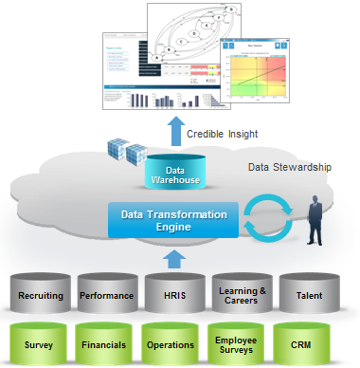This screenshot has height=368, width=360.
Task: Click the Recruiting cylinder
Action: [x=40, y=295]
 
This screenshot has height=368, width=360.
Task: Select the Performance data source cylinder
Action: [x=106, y=295]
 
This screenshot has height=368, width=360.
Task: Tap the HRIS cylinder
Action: [x=171, y=295]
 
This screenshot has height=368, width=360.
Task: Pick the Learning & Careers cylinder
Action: [x=238, y=295]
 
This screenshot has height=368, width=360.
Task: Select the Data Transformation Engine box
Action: [x=168, y=221]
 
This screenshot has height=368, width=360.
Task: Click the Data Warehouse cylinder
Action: [x=175, y=172]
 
